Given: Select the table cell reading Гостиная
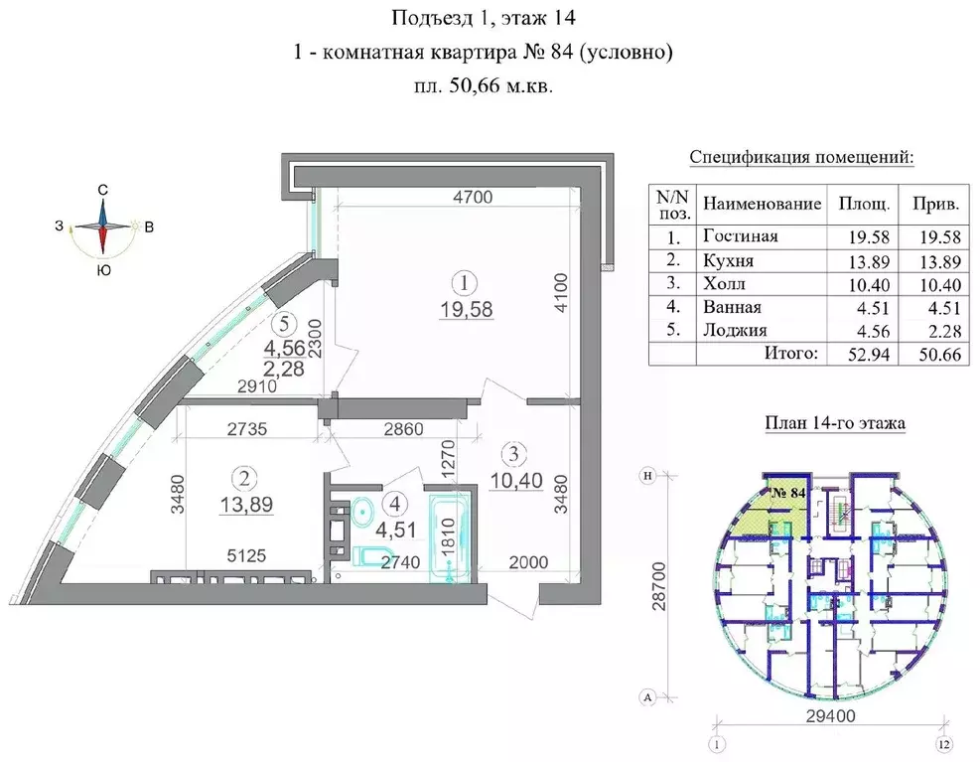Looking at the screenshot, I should (740, 236).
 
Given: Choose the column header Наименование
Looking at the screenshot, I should (762, 205).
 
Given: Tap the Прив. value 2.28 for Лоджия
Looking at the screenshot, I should (938, 331).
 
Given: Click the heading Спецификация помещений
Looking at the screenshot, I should (801, 158).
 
